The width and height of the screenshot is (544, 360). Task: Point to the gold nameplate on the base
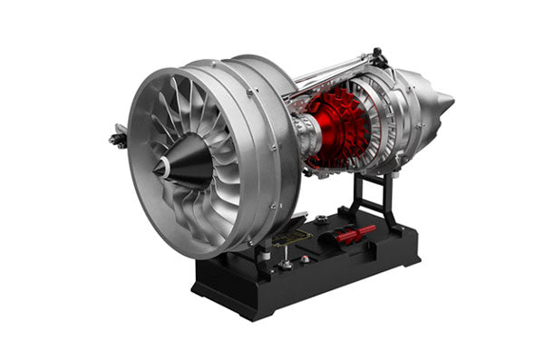[293, 238]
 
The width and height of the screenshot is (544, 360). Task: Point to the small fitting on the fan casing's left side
[117, 138]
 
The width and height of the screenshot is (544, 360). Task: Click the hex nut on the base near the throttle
[322, 220]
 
